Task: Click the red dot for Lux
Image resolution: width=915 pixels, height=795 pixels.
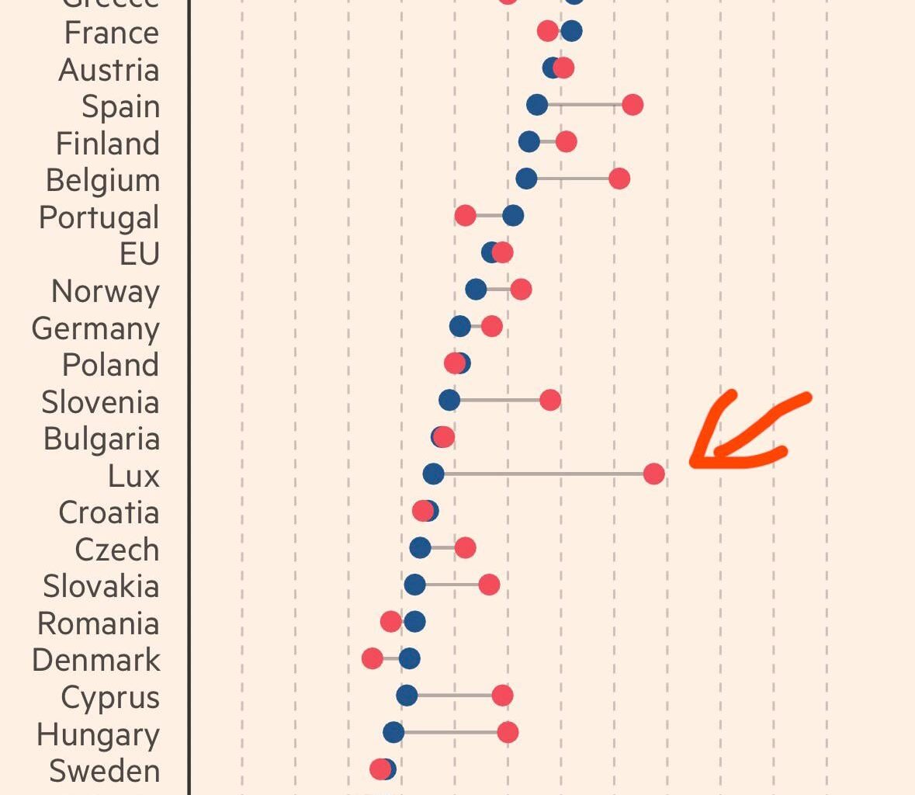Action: click(653, 474)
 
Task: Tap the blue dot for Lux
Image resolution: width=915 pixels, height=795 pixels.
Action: click(433, 474)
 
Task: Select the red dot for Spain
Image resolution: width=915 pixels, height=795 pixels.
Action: click(633, 105)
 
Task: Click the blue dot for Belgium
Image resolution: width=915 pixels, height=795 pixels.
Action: click(526, 179)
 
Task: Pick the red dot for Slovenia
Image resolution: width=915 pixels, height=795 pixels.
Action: click(550, 401)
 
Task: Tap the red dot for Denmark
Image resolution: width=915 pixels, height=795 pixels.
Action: click(373, 659)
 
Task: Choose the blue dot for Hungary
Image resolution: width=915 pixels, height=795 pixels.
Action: click(393, 732)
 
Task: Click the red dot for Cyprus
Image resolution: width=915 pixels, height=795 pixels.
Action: click(502, 696)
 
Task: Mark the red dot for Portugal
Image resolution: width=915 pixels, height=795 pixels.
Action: click(465, 216)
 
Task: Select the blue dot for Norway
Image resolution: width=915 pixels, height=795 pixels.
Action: click(476, 290)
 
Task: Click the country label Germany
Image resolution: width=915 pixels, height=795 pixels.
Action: click(95, 328)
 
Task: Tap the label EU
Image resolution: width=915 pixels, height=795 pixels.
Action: click(140, 254)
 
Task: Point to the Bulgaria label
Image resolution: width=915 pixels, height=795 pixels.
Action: click(102, 439)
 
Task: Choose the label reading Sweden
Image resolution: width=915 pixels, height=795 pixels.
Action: click(104, 771)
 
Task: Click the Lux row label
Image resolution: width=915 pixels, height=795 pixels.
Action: click(133, 476)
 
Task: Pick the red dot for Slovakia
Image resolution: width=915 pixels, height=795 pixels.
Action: click(489, 585)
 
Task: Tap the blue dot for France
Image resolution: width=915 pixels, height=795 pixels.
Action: click(571, 31)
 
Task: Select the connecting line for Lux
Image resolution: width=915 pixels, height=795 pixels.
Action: click(543, 474)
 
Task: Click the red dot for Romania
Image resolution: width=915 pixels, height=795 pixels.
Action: click(391, 622)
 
